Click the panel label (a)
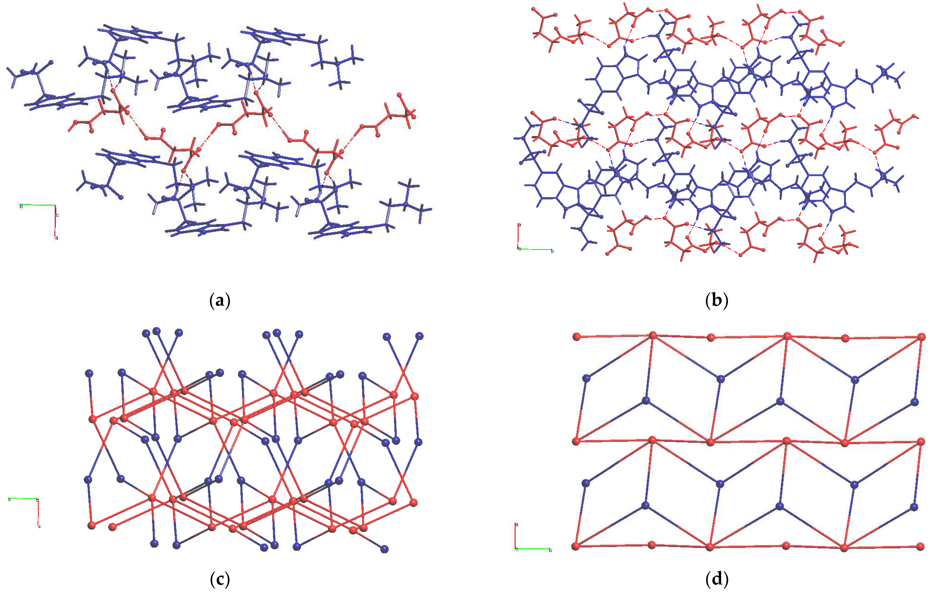pyautogui.click(x=220, y=301)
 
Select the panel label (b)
pyautogui.click(x=716, y=301)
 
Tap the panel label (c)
pyautogui.click(x=220, y=579)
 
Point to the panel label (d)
pyautogui.click(x=716, y=579)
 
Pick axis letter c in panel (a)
pyautogui.click(x=58, y=215)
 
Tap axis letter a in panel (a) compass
pyautogui.click(x=57, y=238)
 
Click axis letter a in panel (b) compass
pyautogui.click(x=520, y=225)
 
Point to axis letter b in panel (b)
pyautogui.click(x=552, y=251)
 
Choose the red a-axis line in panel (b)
pyautogui.click(x=518, y=236)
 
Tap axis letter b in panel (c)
pyautogui.click(x=9, y=499)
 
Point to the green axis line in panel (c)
pyautogui.click(x=23, y=498)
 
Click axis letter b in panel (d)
pyautogui.click(x=550, y=550)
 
